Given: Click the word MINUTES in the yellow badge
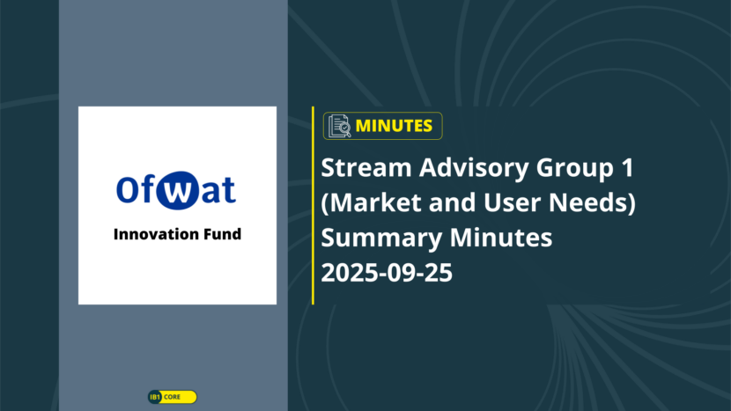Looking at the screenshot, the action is click(x=394, y=126).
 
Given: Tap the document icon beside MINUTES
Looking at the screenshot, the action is click(x=339, y=126).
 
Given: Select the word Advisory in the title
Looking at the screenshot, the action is click(x=474, y=169).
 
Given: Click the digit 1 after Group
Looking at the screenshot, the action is click(x=627, y=168).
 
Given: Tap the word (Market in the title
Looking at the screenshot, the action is click(x=371, y=203).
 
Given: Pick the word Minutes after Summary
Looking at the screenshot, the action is click(x=501, y=238).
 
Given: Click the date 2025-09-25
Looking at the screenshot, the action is click(x=387, y=273).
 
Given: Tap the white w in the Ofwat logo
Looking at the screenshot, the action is click(x=177, y=191).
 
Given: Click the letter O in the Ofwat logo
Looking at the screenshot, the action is click(x=127, y=189).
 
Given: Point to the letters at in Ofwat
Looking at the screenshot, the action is click(x=218, y=191).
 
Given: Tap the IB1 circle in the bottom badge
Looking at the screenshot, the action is click(x=155, y=397).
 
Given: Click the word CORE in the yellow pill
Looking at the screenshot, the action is click(x=172, y=397).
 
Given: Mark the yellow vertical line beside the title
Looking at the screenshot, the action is click(x=313, y=206).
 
